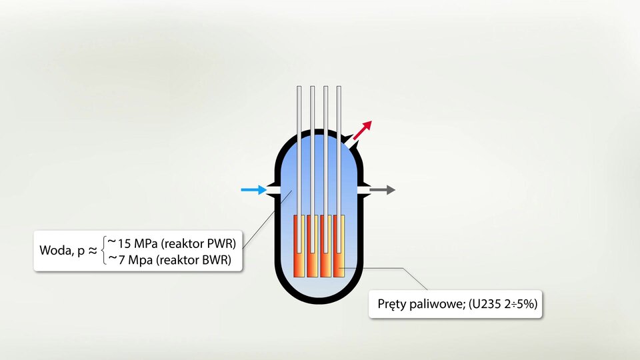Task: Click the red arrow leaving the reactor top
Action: [x=363, y=130]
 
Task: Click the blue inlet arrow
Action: [x=254, y=190]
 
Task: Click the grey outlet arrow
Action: [x=383, y=190]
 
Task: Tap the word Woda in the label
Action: [x=56, y=250]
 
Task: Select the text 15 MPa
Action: [x=137, y=244]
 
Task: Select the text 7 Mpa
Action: [x=135, y=260]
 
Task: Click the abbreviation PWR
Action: [x=219, y=244]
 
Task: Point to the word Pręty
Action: [x=391, y=305]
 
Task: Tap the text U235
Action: [x=486, y=304]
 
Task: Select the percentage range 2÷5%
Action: [x=518, y=304]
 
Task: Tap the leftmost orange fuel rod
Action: [x=299, y=246]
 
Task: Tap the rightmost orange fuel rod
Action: [x=339, y=246]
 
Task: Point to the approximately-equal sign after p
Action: [x=93, y=250]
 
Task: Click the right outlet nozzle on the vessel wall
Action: [x=364, y=190]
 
